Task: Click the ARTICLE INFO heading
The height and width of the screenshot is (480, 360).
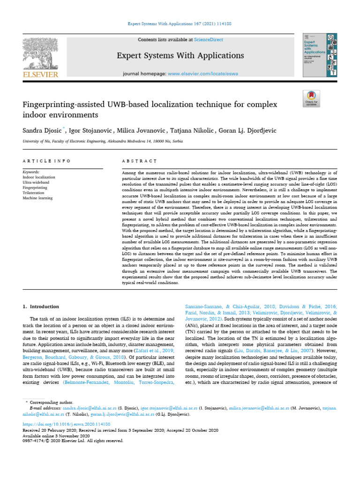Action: coord(46,161)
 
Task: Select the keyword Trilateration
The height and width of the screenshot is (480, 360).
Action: coord(35,193)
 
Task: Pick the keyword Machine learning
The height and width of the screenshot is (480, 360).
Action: coord(37,198)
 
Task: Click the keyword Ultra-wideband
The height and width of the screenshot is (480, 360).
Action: coord(36,182)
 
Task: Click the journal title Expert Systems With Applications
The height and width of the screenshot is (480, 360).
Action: coord(180,56)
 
